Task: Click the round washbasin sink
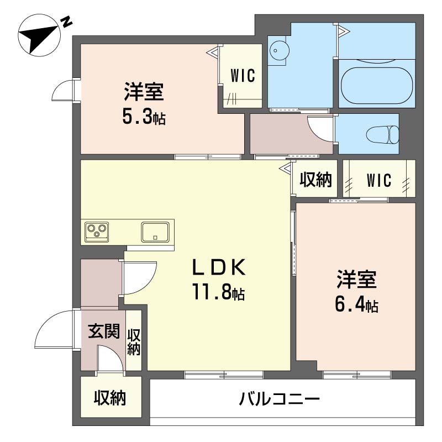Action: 278,50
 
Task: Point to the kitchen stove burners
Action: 97,230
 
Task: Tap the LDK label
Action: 218,267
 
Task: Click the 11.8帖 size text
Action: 218,291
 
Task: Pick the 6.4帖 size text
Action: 356,304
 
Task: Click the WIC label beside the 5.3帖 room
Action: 243,76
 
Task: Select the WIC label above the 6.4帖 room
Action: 379,180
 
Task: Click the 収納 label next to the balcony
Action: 109,398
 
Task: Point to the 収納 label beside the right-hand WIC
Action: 315,179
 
